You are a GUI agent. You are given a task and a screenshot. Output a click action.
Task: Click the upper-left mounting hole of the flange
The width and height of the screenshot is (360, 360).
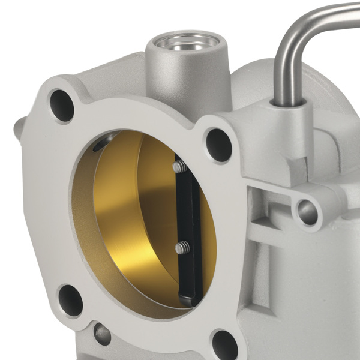tap(62, 105)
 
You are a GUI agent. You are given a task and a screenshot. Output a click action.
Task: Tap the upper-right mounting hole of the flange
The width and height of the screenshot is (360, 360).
tap(219, 145)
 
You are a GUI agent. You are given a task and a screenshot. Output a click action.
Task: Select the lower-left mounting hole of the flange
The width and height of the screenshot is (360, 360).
tap(70, 300)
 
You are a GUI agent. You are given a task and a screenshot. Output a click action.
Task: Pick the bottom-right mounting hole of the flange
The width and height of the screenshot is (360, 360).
tap(225, 344)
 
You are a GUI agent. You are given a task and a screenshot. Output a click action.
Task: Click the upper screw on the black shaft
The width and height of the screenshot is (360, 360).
tap(179, 167)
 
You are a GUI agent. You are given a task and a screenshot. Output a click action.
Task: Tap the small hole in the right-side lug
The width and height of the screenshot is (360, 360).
tap(308, 212)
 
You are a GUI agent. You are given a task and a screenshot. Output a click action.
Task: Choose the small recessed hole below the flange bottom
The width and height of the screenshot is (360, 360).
tap(103, 334)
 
